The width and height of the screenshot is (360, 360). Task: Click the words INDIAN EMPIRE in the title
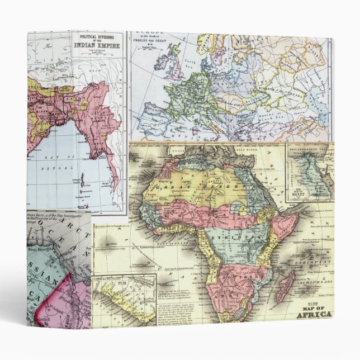99,46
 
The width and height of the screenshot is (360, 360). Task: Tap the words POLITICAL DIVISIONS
98,36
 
